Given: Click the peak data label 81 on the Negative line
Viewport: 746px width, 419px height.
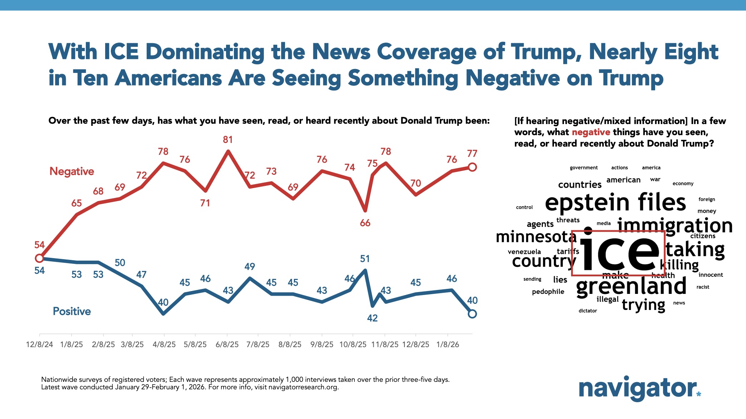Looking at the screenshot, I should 228,139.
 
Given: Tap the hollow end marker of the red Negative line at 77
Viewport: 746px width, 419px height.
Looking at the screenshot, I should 472,167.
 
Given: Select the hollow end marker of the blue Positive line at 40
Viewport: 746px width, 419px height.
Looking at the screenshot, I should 472,314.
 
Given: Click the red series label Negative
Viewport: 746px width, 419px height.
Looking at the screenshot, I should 72,171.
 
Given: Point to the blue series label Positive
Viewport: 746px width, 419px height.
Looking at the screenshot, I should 72,311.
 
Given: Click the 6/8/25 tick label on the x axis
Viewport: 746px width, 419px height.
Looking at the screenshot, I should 227,344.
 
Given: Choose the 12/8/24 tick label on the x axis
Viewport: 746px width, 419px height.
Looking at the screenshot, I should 39,344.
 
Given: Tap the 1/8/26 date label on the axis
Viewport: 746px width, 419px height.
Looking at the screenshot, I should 447,344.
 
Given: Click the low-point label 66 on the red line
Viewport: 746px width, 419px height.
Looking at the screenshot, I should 365,223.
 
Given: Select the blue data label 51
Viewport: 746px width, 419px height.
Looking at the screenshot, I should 365,258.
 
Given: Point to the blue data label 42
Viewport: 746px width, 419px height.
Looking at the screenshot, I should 372,318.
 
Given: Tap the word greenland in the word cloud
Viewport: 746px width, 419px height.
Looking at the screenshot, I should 631,287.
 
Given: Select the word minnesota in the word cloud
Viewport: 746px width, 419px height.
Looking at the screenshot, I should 536,237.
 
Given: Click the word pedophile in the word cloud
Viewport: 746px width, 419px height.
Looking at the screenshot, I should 548,292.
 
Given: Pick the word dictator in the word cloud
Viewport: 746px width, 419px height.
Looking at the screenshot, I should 588,311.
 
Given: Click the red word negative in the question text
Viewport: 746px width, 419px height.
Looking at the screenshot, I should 591,132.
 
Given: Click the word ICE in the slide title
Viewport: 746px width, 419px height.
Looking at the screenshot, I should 121,52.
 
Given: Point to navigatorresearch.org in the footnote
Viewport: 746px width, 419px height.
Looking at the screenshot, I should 303,387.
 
